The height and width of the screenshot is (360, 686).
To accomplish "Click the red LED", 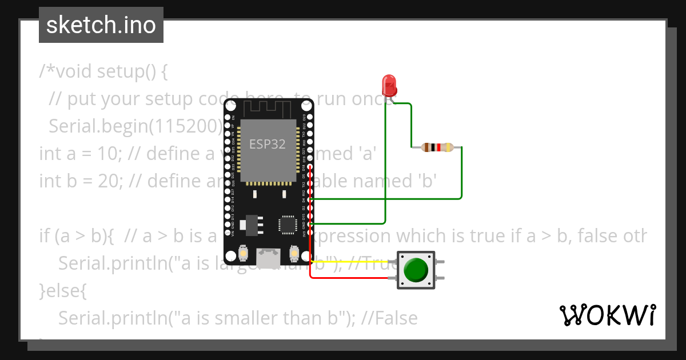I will tap(390, 84).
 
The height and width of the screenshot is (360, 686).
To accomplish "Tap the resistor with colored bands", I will tap(437, 148).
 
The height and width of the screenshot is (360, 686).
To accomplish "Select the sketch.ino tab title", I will tap(101, 25).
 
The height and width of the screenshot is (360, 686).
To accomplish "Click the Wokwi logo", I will tap(607, 315).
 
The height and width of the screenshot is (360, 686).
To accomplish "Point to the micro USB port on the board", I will tap(269, 258).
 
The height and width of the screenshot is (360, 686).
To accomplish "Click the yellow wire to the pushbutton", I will tap(354, 261).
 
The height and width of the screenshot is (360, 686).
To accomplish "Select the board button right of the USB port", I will tap(295, 253).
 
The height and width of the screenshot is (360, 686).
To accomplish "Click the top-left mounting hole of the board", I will tap(230, 106).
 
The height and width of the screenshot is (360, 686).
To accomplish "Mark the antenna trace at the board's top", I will tap(269, 109).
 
